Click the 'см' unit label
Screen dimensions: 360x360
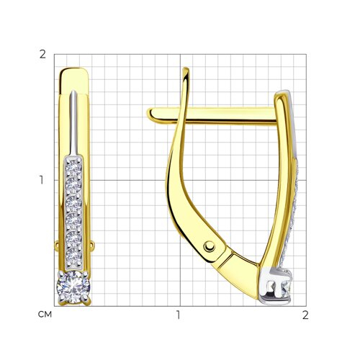[45, 315]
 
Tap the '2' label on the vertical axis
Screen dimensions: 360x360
[42, 55]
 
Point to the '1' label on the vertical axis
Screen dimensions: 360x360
[42, 180]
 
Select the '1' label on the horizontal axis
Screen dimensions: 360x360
[179, 315]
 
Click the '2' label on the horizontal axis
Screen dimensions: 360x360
[305, 315]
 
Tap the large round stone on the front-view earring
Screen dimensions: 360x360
[73, 287]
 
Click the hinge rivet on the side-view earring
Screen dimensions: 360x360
[210, 246]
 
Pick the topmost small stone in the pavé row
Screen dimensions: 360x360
[74, 167]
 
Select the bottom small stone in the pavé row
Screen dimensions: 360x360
[74, 256]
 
